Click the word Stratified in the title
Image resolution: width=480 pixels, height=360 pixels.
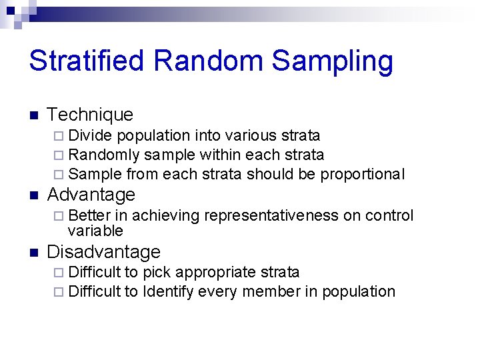pyautogui.click(x=87, y=61)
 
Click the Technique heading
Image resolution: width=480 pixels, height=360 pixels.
pyautogui.click(x=90, y=115)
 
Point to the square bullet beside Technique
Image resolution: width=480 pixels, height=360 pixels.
pyautogui.click(x=33, y=115)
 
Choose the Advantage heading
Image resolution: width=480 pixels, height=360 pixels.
pyautogui.click(x=91, y=195)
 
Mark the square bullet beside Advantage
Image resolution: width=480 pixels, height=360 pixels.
pyautogui.click(x=33, y=195)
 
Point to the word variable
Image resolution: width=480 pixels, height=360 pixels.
pyautogui.click(x=95, y=231)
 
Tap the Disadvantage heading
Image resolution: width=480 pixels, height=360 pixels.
pyautogui.click(x=103, y=252)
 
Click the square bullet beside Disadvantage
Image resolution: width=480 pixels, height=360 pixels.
pyautogui.click(x=33, y=253)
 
